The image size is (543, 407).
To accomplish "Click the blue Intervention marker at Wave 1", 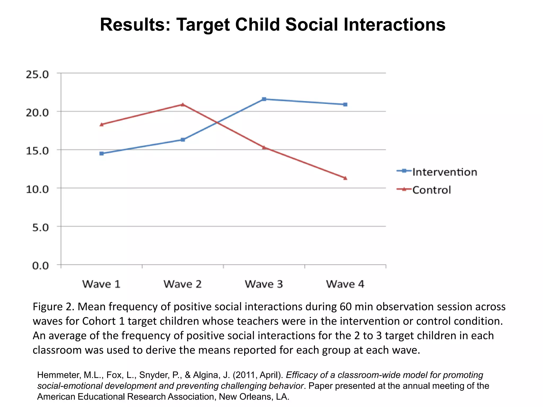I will tap(102, 153).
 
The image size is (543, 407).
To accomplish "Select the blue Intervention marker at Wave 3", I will tap(264, 99).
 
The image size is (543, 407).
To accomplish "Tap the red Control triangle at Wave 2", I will tap(183, 104).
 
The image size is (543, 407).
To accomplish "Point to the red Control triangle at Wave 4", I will tap(345, 178).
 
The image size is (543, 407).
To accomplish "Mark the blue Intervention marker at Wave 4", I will tap(345, 104).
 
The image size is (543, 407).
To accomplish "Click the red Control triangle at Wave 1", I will tap(102, 124).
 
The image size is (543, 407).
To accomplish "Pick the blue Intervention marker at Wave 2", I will tap(183, 140).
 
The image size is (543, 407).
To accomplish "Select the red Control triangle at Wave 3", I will tap(264, 147).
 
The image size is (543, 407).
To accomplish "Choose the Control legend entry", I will tap(431, 190).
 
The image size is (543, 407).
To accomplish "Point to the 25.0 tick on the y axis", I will tap(37, 74).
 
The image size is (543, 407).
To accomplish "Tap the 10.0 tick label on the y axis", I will tap(37, 189).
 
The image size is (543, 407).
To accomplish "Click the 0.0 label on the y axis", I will tap(41, 266).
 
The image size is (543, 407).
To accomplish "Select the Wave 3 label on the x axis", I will tap(264, 284).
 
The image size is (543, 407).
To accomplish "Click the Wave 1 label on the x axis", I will tap(101, 284).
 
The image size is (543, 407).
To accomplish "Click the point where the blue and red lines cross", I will tap(217, 123).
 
